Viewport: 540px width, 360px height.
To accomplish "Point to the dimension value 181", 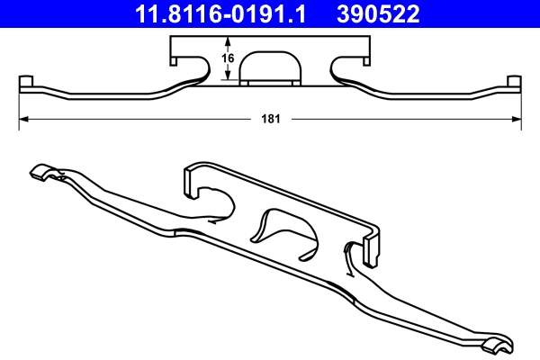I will tap(269, 118).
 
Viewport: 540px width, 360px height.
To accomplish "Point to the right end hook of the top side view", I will tap(515, 85).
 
